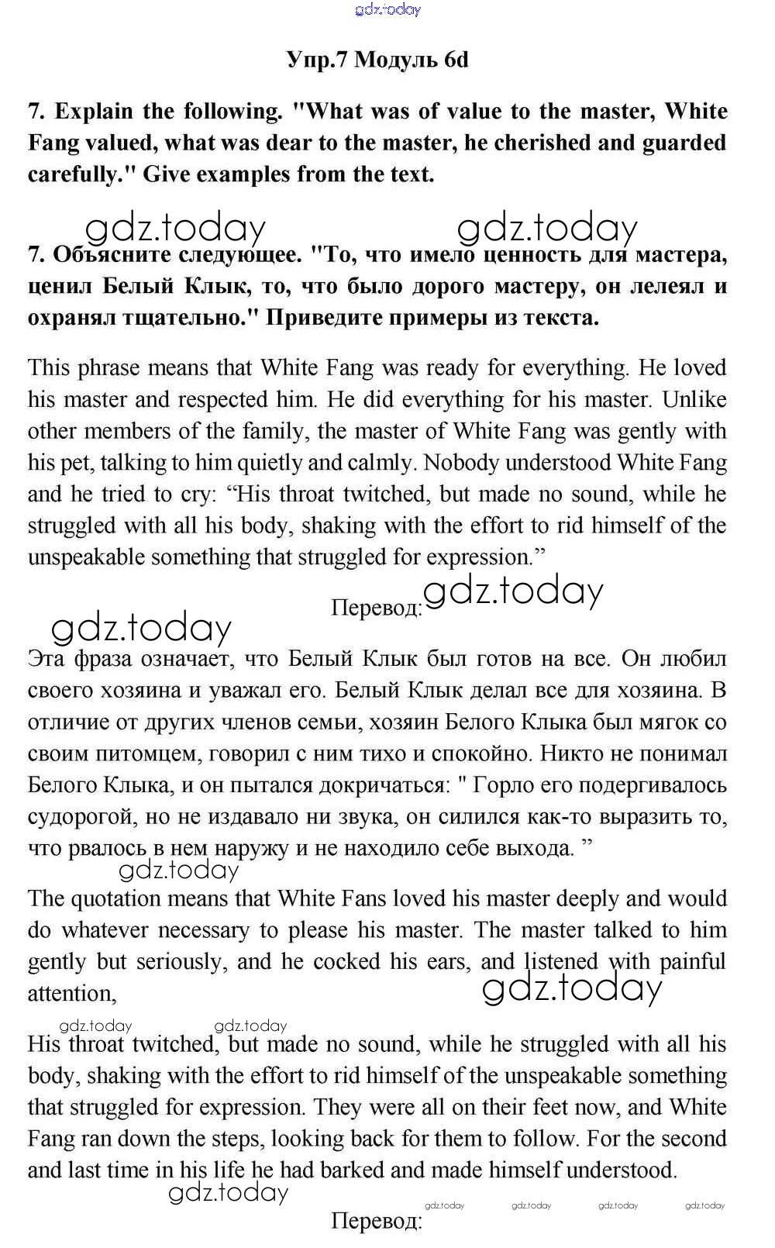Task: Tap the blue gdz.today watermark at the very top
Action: pyautogui.click(x=387, y=9)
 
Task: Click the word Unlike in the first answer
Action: pyautogui.click(x=694, y=400)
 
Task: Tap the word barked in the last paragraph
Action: pyautogui.click(x=365, y=1170)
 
